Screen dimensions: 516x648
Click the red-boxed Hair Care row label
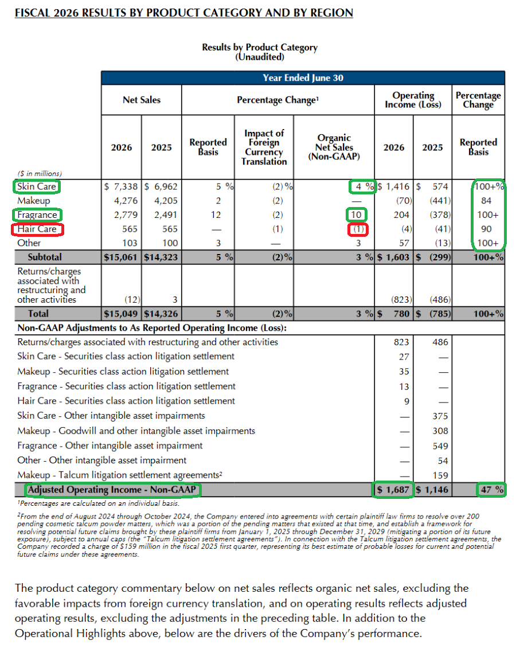[37, 229]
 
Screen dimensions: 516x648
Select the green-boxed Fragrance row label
[37, 215]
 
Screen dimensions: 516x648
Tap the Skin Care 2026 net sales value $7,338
[120, 187]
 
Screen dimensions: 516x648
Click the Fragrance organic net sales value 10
[356, 215]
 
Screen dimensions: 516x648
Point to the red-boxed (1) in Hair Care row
[358, 229]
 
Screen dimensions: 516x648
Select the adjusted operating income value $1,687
[393, 490]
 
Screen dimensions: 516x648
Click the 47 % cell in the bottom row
[492, 490]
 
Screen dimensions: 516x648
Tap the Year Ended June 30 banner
[303, 77]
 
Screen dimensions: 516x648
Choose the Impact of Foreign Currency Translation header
[264, 147]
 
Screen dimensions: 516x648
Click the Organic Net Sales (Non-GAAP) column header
[334, 147]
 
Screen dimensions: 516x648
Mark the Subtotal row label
[45, 257]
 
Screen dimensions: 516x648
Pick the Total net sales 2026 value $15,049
[120, 314]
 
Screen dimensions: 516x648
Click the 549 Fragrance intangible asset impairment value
[440, 446]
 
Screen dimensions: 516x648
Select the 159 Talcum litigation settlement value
[440, 475]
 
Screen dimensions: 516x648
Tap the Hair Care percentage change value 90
[486, 229]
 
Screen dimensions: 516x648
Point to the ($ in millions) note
[40, 174]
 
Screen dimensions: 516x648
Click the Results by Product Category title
[260, 47]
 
